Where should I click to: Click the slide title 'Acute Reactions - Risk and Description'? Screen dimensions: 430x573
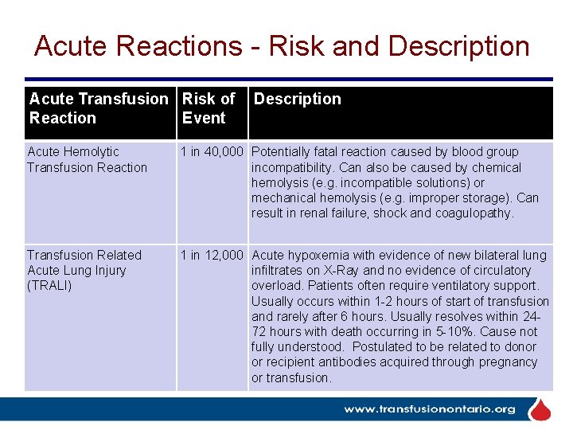[x=282, y=46]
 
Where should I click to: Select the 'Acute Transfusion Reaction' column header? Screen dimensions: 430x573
[x=99, y=108]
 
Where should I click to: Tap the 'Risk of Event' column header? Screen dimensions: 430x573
[x=209, y=108]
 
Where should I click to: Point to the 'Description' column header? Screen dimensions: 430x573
[x=297, y=99]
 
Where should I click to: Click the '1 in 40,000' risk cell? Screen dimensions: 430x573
[x=212, y=151]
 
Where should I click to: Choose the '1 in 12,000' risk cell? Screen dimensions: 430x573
[x=212, y=255]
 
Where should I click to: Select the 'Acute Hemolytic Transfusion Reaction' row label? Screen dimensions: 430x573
[x=87, y=159]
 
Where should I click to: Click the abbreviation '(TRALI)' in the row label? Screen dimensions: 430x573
[x=49, y=285]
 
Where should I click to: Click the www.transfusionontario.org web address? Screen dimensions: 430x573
[x=429, y=410]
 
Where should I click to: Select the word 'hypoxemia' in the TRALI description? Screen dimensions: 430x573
[x=314, y=255]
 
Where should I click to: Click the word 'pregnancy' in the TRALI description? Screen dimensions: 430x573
[x=510, y=362]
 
